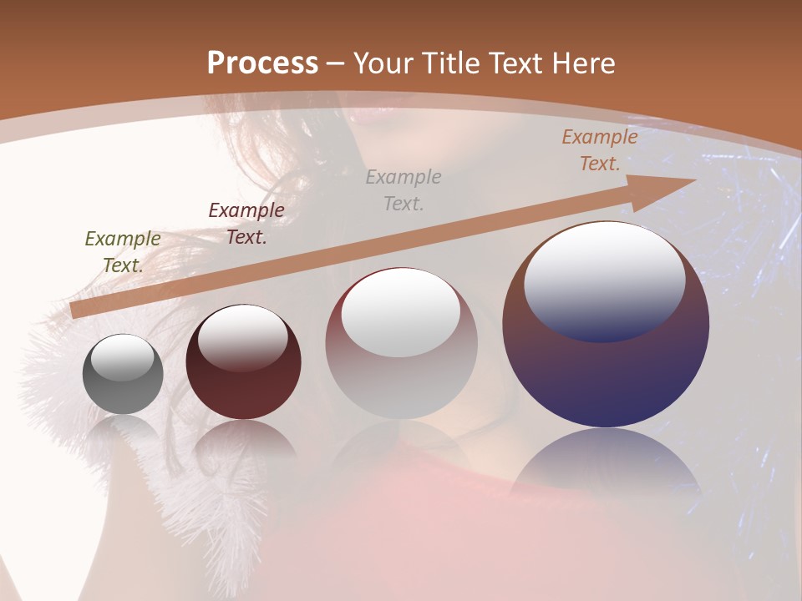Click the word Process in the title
(262, 63)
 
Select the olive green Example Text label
(122, 252)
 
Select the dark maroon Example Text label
(246, 224)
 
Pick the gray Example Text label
(404, 190)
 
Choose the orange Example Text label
(599, 150)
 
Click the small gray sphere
(123, 384)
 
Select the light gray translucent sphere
(401, 376)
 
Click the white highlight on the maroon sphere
(242, 336)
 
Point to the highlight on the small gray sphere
(122, 356)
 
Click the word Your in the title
(384, 63)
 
